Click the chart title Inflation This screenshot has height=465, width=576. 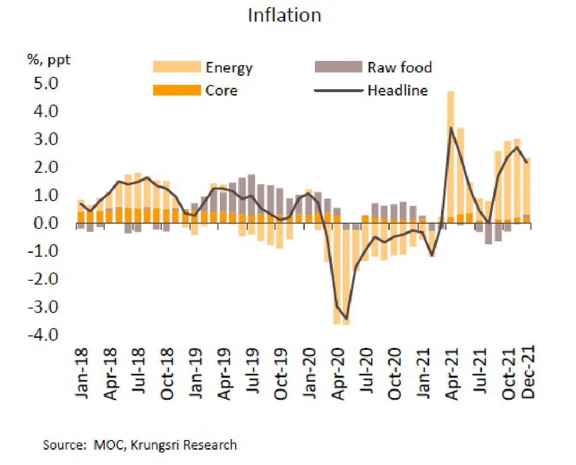(x=284, y=15)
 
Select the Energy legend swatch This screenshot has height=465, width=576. (x=177, y=67)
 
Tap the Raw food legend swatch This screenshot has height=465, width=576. (x=338, y=67)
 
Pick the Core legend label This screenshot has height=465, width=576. (x=221, y=90)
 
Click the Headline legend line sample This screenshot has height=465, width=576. (x=338, y=90)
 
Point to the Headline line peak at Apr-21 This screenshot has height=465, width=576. (x=451, y=128)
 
